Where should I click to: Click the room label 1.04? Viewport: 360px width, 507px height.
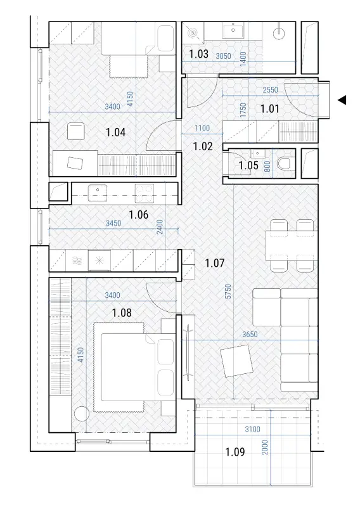115,132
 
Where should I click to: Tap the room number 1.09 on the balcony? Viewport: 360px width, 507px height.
235,452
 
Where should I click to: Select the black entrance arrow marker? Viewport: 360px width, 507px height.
342,100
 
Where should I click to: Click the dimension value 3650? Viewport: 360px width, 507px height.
250,334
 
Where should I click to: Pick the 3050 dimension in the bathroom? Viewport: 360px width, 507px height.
224,56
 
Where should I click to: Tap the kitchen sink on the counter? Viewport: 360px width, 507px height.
98,191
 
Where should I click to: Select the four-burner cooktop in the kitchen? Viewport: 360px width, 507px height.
145,191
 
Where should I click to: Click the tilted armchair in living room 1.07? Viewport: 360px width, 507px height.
236,361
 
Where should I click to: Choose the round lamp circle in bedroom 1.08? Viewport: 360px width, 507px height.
81,414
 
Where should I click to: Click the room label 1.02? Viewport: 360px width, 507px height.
203,146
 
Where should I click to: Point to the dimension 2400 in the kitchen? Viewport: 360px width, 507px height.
160,228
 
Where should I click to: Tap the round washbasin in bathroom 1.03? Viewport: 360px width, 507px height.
278,33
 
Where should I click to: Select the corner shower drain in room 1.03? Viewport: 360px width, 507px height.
193,32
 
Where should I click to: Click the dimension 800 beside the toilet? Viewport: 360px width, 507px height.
267,166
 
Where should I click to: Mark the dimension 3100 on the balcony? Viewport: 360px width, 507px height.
252,430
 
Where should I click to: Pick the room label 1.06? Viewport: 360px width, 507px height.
139,214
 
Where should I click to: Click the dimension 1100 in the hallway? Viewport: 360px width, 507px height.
202,129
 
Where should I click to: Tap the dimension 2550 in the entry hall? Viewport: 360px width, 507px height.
271,89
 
